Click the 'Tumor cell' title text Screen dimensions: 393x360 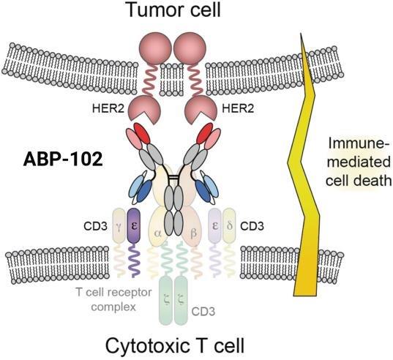pyautogui.click(x=174, y=10)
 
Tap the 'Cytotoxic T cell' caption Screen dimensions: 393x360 pyautogui.click(x=174, y=346)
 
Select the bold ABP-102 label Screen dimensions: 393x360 pyautogui.click(x=63, y=160)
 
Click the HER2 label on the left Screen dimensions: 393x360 pyautogui.click(x=108, y=108)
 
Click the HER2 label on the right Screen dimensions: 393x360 pyautogui.click(x=238, y=108)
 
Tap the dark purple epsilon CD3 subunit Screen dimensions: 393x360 pyautogui.click(x=134, y=225)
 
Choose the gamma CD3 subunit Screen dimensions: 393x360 pyautogui.click(x=119, y=225)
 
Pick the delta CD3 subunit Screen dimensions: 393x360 pyautogui.click(x=229, y=225)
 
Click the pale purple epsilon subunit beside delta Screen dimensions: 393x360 pyautogui.click(x=215, y=225)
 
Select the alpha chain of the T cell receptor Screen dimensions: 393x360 pyautogui.click(x=157, y=229)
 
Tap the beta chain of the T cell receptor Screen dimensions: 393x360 pyautogui.click(x=192, y=229)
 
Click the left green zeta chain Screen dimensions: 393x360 pyautogui.click(x=166, y=301)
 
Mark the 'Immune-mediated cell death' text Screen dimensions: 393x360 pyautogui.click(x=359, y=162)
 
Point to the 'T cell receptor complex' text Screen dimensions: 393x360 pyautogui.click(x=113, y=299)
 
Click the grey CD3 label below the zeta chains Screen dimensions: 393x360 pyautogui.click(x=203, y=312)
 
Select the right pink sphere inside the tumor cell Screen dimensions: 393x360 pyautogui.click(x=190, y=48)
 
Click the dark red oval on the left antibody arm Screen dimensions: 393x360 pyautogui.click(x=142, y=133)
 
